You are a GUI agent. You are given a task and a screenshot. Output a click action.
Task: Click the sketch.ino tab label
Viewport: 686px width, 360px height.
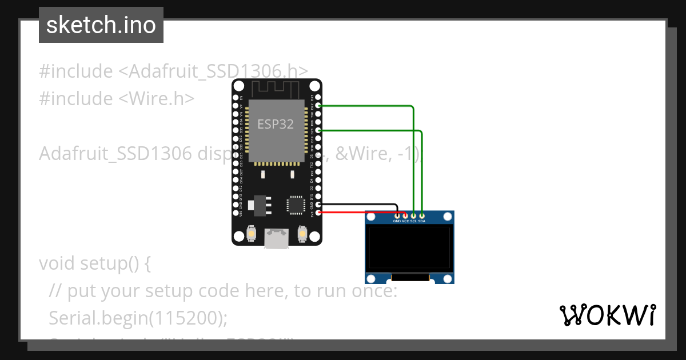click(101, 25)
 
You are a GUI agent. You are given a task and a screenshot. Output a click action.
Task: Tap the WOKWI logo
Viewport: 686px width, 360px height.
click(607, 315)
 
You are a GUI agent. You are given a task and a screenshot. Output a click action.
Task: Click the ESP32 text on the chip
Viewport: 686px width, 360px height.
click(276, 124)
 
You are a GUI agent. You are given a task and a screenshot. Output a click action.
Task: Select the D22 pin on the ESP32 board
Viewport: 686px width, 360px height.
click(318, 106)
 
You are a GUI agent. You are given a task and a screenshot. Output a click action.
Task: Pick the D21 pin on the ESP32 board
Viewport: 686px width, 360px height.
click(318, 131)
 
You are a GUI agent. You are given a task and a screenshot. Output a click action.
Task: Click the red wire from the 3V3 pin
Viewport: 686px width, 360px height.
click(360, 213)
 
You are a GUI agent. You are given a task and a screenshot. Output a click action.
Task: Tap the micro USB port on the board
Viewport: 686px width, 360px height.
click(276, 238)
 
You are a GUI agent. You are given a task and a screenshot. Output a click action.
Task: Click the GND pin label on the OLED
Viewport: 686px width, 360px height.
click(397, 221)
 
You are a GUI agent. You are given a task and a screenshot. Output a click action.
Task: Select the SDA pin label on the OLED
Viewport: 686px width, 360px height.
click(422, 221)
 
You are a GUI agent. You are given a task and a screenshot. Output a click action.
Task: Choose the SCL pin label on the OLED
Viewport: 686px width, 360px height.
click(413, 221)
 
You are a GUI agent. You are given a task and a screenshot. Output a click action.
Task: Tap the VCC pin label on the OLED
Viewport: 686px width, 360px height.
click(405, 221)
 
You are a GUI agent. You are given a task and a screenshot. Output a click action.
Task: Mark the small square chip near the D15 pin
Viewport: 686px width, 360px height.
click(296, 205)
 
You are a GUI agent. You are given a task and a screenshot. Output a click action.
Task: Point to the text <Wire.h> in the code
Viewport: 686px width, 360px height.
click(156, 98)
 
